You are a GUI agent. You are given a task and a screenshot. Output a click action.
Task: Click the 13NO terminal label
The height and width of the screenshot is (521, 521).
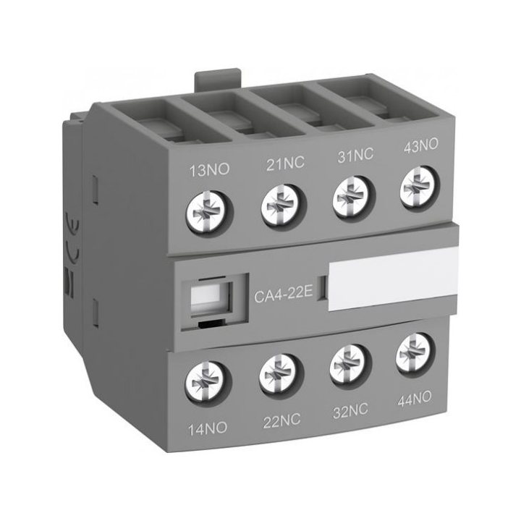[209, 170]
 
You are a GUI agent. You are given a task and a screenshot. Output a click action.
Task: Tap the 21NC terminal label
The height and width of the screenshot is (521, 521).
[285, 164]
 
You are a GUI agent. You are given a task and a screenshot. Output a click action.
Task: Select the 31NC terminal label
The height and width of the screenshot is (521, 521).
[355, 156]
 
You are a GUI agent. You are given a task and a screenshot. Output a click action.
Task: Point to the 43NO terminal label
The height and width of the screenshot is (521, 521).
[420, 146]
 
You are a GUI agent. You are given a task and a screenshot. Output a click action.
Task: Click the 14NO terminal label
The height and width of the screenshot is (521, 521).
[208, 428]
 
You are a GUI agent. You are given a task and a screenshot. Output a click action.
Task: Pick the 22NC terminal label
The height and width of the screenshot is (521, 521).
[281, 420]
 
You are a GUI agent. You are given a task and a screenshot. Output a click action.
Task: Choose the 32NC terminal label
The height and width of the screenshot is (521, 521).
[350, 411]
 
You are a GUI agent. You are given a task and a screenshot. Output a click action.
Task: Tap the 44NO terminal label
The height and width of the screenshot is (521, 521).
[415, 399]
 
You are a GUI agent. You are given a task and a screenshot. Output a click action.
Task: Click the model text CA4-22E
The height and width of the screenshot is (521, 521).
[284, 294]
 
